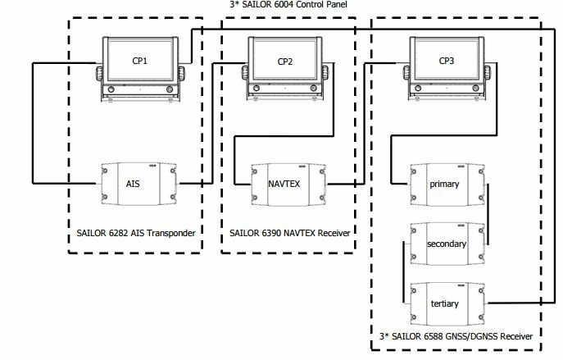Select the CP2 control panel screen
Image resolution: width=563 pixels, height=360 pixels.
coord(285,61)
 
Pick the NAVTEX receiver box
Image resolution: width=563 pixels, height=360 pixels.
coord(284,183)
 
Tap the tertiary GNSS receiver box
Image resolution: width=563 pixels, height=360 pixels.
coord(445,303)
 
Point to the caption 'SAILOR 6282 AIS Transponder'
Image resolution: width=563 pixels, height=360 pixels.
coord(132,234)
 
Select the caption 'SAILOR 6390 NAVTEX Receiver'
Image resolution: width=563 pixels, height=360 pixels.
coord(287,234)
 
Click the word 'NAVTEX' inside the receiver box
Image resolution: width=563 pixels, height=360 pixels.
coord(284,183)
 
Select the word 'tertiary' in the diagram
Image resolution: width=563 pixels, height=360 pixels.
coord(445,304)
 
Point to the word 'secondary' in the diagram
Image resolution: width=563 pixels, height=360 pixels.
coord(447,244)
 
